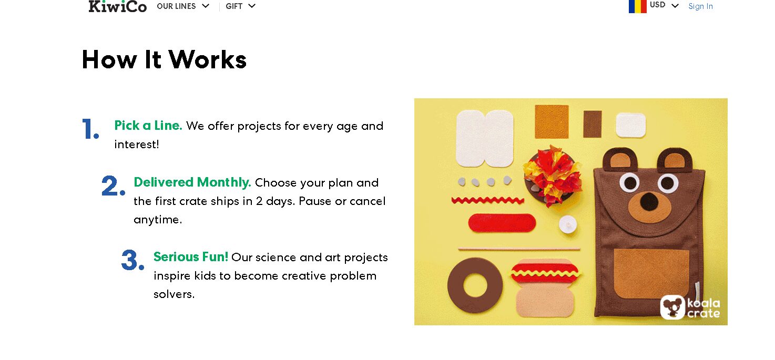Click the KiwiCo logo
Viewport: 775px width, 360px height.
[x=118, y=6]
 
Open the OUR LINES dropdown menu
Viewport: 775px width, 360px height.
[x=183, y=6]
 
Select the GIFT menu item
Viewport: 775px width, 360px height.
[x=240, y=6]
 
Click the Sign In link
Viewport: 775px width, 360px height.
[x=700, y=6]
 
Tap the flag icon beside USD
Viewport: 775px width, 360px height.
[x=637, y=6]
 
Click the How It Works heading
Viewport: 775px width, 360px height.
[x=164, y=59]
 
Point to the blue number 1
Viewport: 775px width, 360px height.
[x=90, y=129]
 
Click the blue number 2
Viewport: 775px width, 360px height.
[x=113, y=186]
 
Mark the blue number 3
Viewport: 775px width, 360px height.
[x=132, y=260]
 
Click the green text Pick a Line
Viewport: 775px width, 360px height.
[x=148, y=126]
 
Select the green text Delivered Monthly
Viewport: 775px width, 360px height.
[x=192, y=182]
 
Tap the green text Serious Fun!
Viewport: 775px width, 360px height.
[x=191, y=256]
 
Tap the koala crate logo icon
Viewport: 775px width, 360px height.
[x=672, y=307]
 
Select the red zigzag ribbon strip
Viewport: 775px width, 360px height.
[x=487, y=200]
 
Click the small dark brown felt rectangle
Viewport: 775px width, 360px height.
[x=593, y=124]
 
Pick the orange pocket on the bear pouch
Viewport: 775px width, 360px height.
[x=651, y=273]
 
